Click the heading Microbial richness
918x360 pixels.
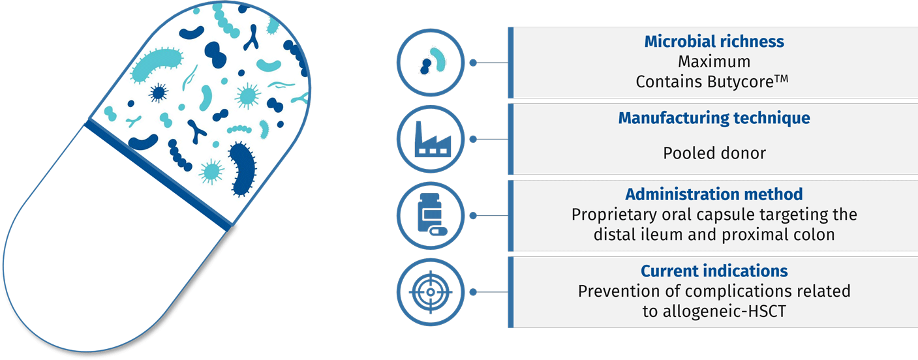714,41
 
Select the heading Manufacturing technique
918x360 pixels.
714,118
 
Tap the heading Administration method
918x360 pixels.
714,194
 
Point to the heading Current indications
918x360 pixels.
714,271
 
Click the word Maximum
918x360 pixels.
714,61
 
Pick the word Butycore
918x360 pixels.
740,82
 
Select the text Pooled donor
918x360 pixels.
714,153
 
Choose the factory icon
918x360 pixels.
433,140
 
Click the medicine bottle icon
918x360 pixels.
429,212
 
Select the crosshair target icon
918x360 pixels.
431,292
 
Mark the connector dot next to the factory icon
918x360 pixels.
473,140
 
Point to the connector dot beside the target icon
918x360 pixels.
473,292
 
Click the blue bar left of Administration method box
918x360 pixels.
511,216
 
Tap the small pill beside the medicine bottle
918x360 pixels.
438,231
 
